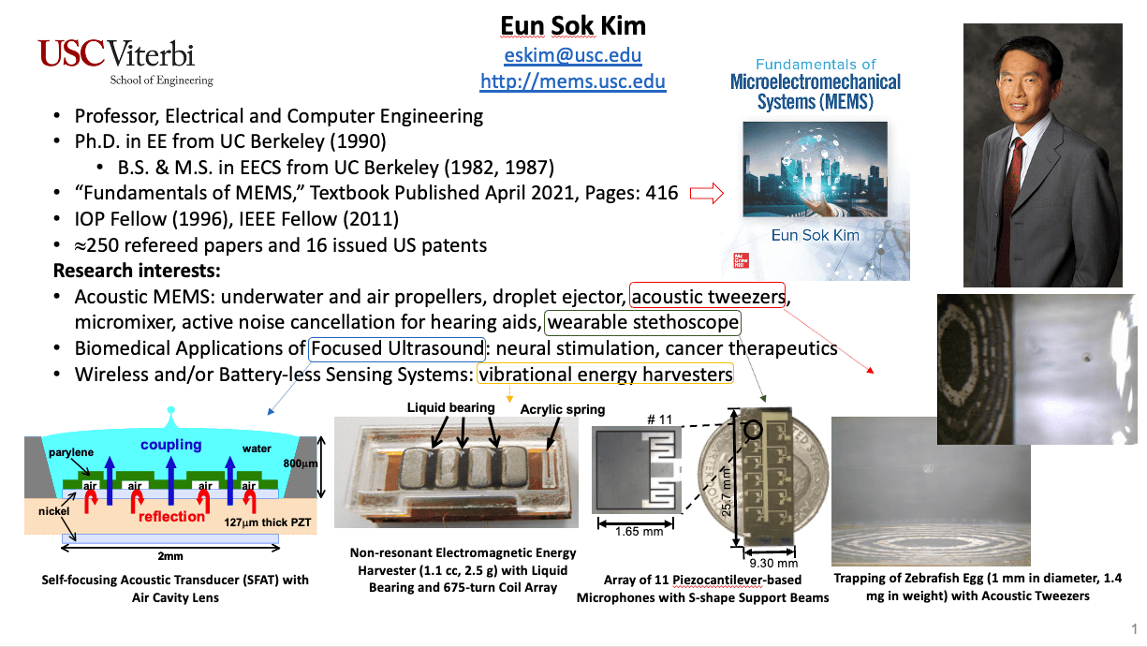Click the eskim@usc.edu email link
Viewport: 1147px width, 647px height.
pos(572,54)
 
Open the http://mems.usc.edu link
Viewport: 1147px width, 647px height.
pos(572,81)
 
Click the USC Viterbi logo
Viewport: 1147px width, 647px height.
pos(125,63)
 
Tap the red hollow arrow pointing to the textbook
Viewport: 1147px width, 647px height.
pos(707,194)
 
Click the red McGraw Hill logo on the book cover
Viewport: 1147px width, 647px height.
pos(741,260)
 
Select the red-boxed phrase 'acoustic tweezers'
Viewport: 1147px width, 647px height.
pos(708,297)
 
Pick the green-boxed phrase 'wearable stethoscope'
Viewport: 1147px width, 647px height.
pos(642,322)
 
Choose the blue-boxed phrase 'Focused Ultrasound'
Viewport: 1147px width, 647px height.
pos(397,348)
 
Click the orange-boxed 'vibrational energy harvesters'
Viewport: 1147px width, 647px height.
pos(605,375)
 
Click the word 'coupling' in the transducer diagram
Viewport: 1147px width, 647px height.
pos(171,445)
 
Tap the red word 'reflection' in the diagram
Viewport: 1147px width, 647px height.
pos(171,517)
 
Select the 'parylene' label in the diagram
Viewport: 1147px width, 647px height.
pos(71,452)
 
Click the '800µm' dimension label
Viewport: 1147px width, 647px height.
pos(301,463)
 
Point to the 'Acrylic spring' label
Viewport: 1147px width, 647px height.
pos(562,409)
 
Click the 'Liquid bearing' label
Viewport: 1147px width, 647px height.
pos(450,407)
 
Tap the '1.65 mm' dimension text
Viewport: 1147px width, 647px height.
pos(639,532)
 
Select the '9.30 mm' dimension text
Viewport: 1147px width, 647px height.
pos(773,564)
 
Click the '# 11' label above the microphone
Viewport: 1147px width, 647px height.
pos(659,419)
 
